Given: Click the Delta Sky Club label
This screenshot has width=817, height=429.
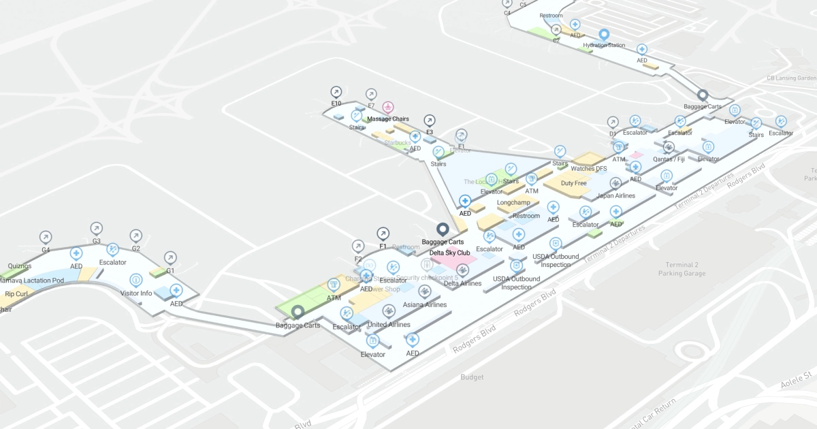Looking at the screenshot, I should pyautogui.click(x=449, y=253).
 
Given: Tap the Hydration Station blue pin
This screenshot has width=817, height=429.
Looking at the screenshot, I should pyautogui.click(x=603, y=35).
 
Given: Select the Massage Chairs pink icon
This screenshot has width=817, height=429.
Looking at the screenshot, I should pyautogui.click(x=387, y=107).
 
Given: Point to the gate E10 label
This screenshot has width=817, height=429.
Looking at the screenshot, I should pyautogui.click(x=336, y=104).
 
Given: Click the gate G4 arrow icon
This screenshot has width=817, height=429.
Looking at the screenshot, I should pyautogui.click(x=46, y=237).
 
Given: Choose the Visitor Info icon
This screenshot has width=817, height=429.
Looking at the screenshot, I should pyautogui.click(x=135, y=280).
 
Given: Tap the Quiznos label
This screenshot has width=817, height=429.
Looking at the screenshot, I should pyautogui.click(x=19, y=266).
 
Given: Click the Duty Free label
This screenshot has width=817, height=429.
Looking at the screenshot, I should pyautogui.click(x=573, y=183).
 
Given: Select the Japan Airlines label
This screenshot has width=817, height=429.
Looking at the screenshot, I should pyautogui.click(x=615, y=196).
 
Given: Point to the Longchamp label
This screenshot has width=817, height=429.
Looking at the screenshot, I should pyautogui.click(x=513, y=203).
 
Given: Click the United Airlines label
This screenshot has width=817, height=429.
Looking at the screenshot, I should pyautogui.click(x=389, y=325).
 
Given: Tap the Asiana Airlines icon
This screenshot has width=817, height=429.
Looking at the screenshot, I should pyautogui.click(x=425, y=292).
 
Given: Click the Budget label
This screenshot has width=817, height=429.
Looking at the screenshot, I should pyautogui.click(x=472, y=377).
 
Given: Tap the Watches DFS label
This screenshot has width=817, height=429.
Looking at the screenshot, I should pyautogui.click(x=588, y=169).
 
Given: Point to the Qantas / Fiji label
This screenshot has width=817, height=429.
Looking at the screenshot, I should pyautogui.click(x=669, y=159).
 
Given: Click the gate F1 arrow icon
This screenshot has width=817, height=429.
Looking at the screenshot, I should pyautogui.click(x=383, y=234).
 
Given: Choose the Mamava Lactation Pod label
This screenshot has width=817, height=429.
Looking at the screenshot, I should pyautogui.click(x=31, y=281).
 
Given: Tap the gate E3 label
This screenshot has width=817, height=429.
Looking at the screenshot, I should pyautogui.click(x=430, y=132).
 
